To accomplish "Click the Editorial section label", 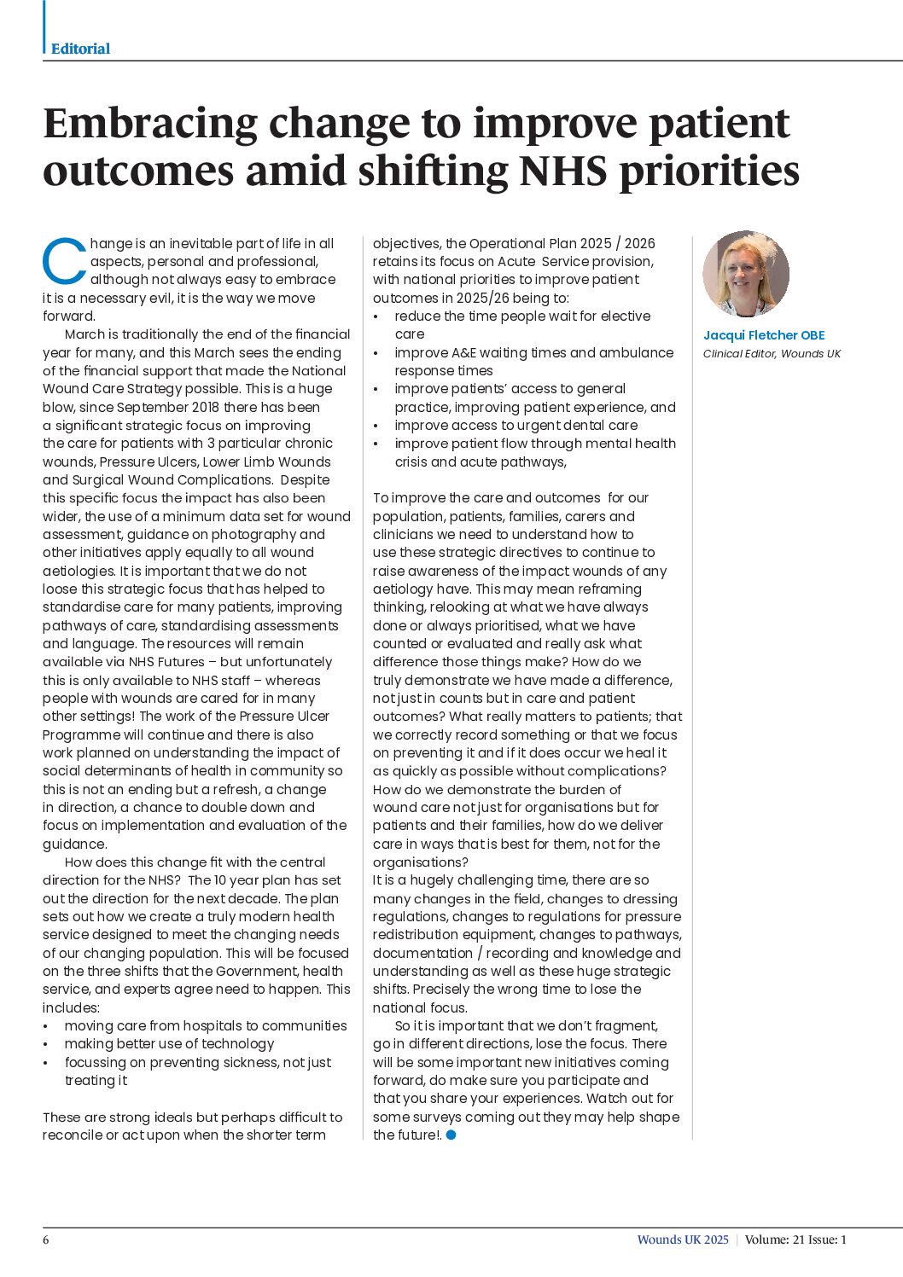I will click(80, 49).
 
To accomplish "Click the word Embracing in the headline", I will click(149, 123).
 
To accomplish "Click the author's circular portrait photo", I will click(745, 274).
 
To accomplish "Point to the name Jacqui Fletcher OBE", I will click(763, 335).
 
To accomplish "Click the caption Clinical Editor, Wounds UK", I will click(771, 354).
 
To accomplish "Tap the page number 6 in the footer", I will click(46, 1239).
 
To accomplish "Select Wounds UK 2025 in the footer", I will click(682, 1239).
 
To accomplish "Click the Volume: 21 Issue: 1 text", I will click(795, 1239).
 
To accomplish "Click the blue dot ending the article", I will click(451, 1135).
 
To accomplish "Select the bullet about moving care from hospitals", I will click(205, 1025).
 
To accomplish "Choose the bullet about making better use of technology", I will click(169, 1043).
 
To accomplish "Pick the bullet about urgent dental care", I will click(516, 425).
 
